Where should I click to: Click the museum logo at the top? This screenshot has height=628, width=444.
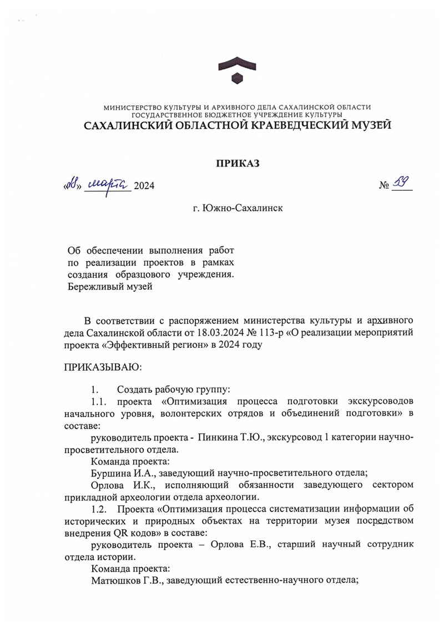(x=237, y=72)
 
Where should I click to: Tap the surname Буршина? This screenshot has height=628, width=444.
(x=109, y=473)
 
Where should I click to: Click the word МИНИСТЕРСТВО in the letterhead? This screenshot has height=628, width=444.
(x=132, y=107)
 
